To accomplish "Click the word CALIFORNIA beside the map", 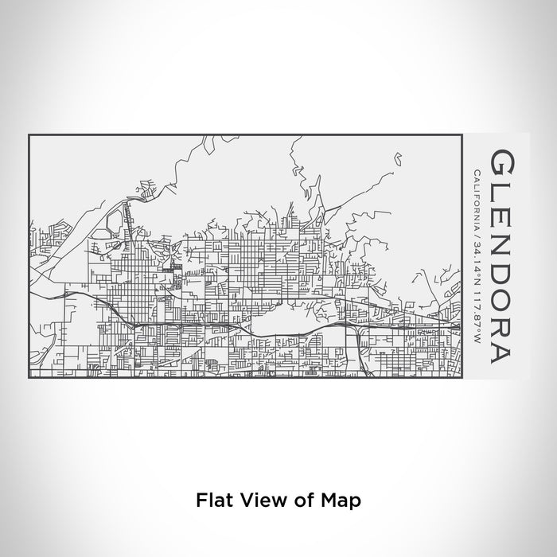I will coord(477,201).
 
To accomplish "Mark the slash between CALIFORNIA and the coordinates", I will coord(477,236).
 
